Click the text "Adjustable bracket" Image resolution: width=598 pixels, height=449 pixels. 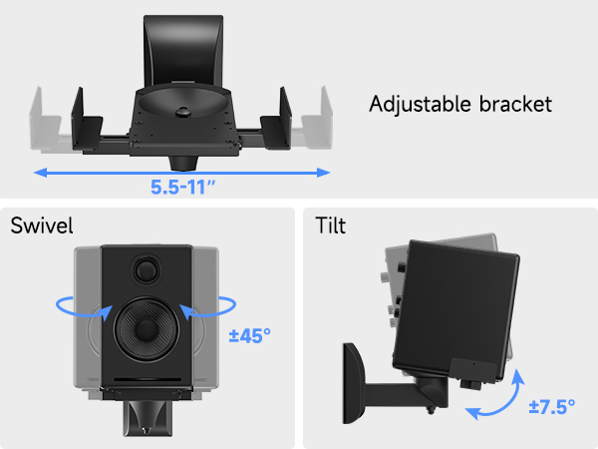click(x=459, y=104)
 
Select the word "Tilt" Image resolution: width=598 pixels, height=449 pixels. click(x=332, y=224)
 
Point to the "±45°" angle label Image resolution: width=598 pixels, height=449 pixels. click(x=250, y=336)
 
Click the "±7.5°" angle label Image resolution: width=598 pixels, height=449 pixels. click(x=553, y=407)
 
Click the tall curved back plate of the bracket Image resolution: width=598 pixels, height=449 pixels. click(x=181, y=50)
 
